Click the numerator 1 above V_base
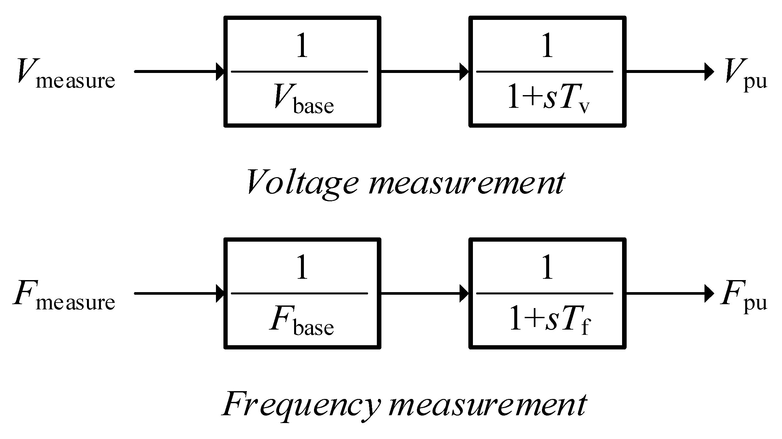(303, 46)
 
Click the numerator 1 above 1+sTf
(547, 268)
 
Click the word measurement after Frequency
(487, 405)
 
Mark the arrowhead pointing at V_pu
(709, 71)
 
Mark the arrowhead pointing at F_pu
(709, 293)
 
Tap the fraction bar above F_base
(299, 293)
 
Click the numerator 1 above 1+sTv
(547, 46)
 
